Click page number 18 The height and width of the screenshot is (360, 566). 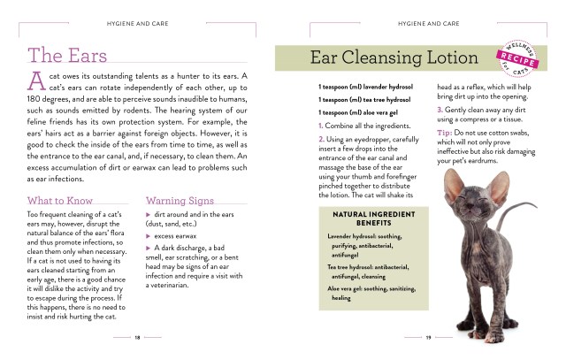(138, 337)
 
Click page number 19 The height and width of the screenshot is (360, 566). (428, 337)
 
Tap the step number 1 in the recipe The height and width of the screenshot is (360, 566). (320, 126)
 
